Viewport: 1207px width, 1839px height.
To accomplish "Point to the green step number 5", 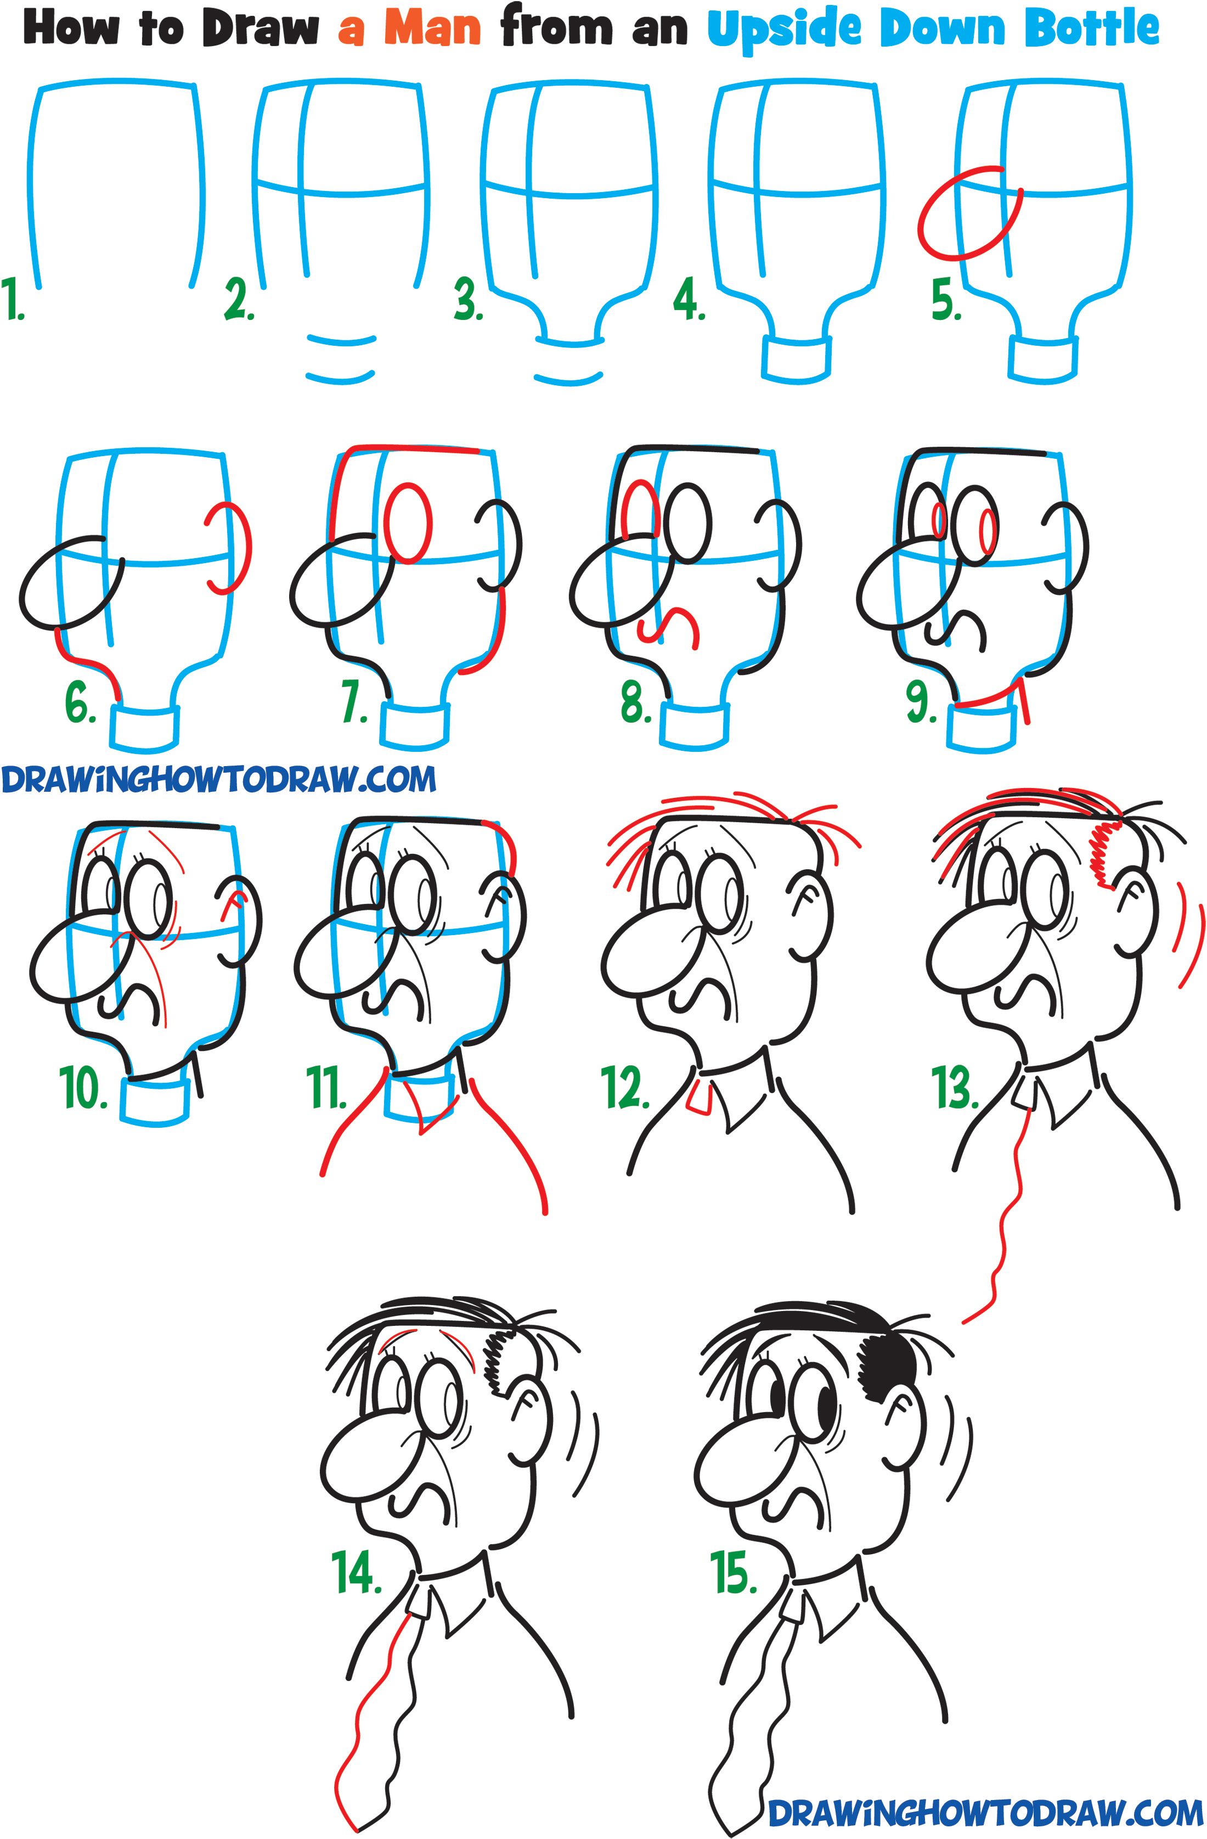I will coord(946,301).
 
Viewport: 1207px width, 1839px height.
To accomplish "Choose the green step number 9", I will coord(921,703).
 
